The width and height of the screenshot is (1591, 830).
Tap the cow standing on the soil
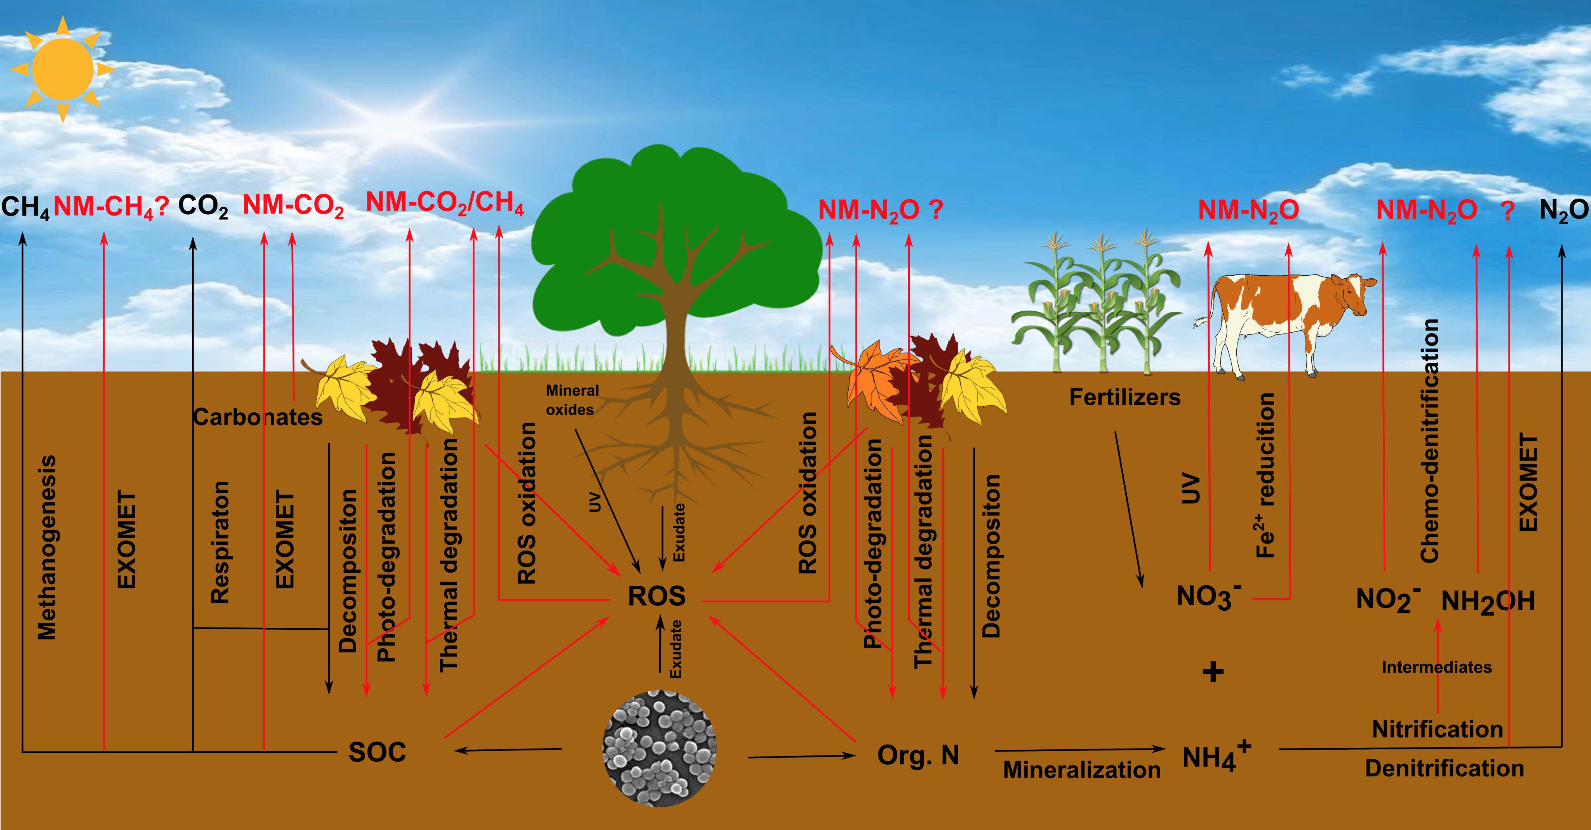[1285, 321]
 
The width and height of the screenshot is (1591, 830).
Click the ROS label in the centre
[656, 596]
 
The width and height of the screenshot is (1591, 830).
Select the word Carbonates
[258, 418]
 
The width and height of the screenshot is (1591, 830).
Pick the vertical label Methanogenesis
[47, 547]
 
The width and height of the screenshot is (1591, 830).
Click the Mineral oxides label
[571, 400]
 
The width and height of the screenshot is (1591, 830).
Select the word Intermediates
[1436, 667]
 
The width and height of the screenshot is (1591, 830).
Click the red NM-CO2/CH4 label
[445, 202]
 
